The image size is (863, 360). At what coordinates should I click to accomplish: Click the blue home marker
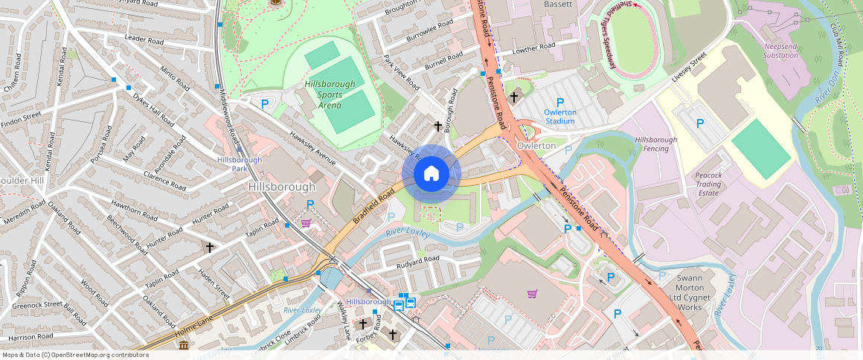[x=431, y=174]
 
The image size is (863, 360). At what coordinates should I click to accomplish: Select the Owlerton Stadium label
[x=560, y=117]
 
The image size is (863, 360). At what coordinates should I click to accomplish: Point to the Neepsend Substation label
[x=780, y=51]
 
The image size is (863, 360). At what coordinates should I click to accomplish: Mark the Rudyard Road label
[x=417, y=260]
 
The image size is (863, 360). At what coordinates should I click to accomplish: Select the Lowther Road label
[x=534, y=47]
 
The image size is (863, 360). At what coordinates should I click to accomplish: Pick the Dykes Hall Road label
[x=154, y=109]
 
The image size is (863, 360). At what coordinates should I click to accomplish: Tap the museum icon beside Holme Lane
[x=184, y=346]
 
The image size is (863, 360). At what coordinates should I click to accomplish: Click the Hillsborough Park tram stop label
[x=240, y=164]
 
